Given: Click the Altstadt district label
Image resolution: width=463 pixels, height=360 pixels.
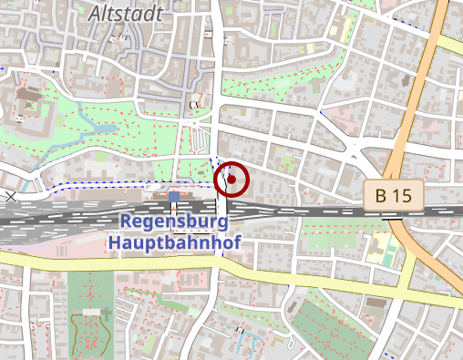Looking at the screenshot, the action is [x=126, y=14].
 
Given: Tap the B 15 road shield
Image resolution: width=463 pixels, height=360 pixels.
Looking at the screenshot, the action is [x=399, y=194].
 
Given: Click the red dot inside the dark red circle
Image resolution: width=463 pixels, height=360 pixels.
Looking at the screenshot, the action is [x=231, y=180].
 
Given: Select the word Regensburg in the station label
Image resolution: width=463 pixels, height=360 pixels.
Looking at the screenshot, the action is [x=173, y=221].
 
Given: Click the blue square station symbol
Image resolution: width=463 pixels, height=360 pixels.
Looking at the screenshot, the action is [x=174, y=197].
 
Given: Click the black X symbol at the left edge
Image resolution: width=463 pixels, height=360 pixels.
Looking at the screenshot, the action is [x=10, y=196].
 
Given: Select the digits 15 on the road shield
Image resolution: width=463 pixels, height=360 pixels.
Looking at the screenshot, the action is [x=407, y=194].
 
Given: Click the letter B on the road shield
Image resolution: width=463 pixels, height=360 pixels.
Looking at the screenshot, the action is [x=383, y=194].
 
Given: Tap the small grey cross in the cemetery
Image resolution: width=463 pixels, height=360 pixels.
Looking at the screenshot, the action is [x=106, y=314].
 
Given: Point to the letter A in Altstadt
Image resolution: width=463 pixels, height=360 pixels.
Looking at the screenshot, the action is [x=96, y=14].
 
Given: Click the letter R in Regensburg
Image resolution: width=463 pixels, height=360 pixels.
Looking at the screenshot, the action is [x=127, y=221].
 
